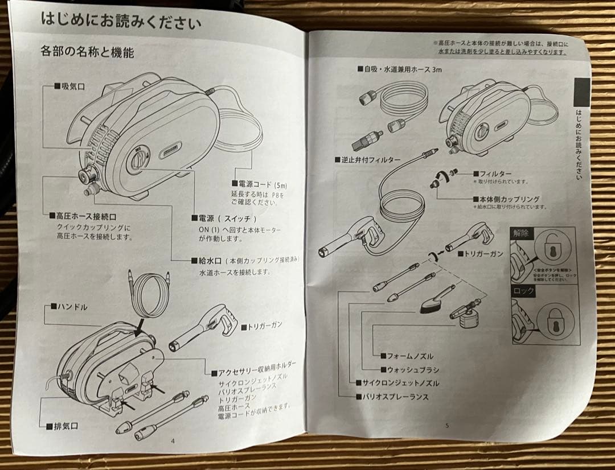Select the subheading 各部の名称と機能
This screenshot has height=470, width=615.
87,53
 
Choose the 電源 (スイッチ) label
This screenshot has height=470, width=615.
225,218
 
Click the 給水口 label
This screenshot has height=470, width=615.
211,261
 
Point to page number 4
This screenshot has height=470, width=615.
173,440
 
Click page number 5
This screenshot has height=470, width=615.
447,426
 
